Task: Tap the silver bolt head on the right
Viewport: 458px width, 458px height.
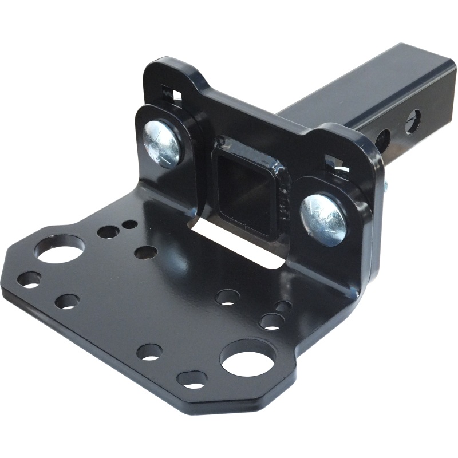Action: tap(322, 218)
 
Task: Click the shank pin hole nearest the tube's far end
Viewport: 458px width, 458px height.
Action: tap(412, 121)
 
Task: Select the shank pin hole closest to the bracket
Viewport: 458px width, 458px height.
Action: tap(383, 139)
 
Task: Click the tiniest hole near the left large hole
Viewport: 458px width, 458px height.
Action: tap(129, 224)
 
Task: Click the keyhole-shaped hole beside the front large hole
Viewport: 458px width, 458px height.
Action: tap(192, 378)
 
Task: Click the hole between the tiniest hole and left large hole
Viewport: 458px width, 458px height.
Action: tap(108, 232)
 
